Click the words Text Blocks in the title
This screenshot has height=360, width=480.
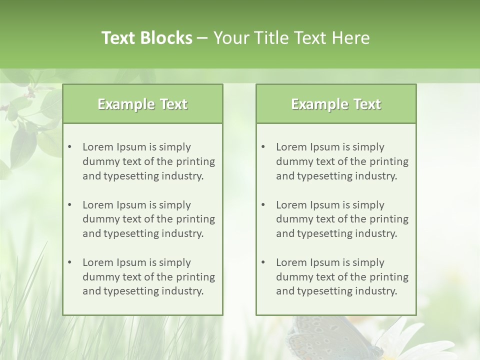(146, 38)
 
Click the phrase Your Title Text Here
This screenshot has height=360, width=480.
(291, 38)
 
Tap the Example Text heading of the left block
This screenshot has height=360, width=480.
(142, 104)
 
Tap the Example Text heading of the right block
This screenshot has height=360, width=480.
(336, 104)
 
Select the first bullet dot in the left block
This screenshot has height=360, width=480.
(69, 147)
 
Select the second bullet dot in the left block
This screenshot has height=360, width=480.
(69, 205)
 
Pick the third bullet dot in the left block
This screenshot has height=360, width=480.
(69, 262)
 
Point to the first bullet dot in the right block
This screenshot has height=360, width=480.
(263, 147)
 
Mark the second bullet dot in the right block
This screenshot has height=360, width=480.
(263, 205)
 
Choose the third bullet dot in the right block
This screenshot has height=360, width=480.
(263, 262)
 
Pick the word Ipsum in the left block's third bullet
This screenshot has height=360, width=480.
(130, 262)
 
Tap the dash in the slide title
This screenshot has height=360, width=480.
(202, 38)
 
